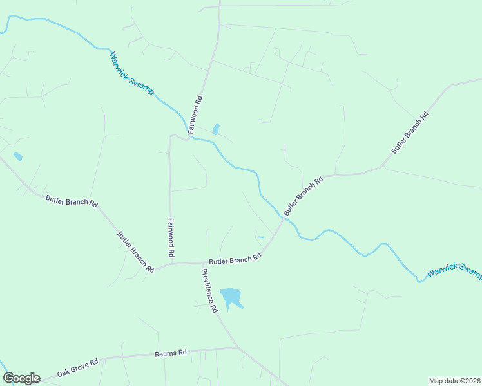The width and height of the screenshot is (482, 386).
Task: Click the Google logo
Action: click(x=21, y=378)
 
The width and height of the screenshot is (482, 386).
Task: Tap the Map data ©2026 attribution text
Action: click(x=455, y=381)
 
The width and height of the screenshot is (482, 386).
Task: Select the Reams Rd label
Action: click(x=171, y=353)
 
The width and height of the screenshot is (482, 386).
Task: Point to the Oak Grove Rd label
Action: click(x=77, y=368)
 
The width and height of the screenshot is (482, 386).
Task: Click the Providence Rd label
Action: click(x=209, y=290)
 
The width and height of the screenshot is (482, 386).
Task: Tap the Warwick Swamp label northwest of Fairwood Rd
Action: click(x=131, y=73)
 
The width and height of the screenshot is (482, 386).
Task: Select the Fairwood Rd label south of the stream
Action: click(x=171, y=236)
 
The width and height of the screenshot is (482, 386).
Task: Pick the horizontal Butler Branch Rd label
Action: click(x=235, y=259)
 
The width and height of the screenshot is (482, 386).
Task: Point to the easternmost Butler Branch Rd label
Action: click(x=410, y=133)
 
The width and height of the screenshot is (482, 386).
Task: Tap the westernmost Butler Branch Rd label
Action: click(x=71, y=201)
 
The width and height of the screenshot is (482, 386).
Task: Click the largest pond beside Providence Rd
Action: click(x=230, y=297)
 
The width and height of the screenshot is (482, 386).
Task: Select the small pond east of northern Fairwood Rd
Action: click(x=216, y=128)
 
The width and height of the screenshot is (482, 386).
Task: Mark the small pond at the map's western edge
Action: click(x=17, y=156)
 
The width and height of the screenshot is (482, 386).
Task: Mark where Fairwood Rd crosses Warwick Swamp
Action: click(x=189, y=136)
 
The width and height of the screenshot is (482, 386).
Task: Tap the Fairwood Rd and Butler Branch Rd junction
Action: click(x=171, y=262)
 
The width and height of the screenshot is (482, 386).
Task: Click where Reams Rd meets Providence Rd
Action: click(x=238, y=348)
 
